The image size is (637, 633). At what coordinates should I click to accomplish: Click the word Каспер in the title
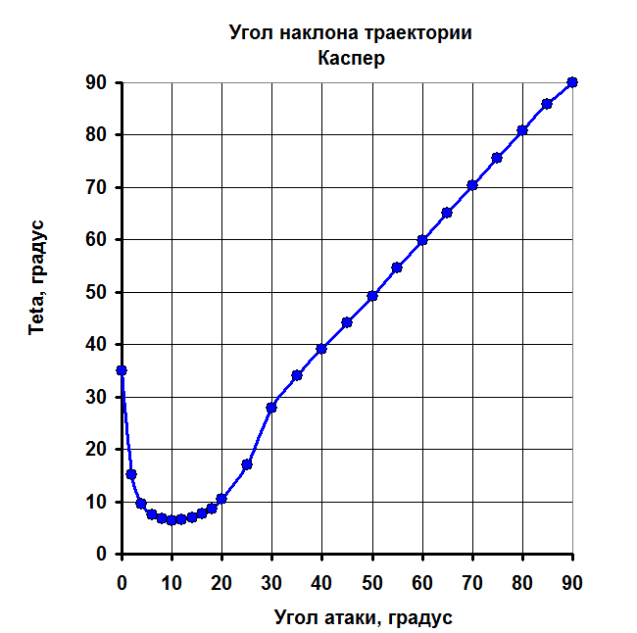[x=351, y=58]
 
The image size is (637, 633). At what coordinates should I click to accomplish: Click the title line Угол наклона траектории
[x=351, y=33]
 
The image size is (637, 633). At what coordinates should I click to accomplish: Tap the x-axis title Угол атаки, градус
[x=363, y=617]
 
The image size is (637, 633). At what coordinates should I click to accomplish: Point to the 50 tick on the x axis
[x=372, y=582]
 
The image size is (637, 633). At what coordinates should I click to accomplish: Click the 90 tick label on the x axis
[x=572, y=582]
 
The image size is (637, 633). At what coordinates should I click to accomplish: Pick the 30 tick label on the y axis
[x=94, y=397]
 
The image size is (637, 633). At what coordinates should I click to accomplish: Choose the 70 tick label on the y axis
[x=94, y=187]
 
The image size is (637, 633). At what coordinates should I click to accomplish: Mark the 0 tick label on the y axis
[x=100, y=555]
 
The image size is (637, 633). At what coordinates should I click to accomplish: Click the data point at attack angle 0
[x=122, y=370]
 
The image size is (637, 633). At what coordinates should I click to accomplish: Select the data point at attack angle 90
[x=572, y=82]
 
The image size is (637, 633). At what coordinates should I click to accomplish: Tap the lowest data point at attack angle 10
[x=171, y=520]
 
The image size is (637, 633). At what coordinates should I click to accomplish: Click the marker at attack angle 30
[x=271, y=407]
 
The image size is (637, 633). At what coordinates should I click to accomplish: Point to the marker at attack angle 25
[x=247, y=464]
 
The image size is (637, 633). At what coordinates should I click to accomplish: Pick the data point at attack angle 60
[x=422, y=240]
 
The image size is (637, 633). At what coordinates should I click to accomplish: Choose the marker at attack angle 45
[x=347, y=322]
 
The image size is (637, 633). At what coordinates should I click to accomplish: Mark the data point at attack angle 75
[x=497, y=158]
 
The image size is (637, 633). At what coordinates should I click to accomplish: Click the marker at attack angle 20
[x=221, y=499]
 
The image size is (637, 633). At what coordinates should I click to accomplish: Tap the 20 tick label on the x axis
[x=221, y=582]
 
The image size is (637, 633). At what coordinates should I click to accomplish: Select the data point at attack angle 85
[x=547, y=104]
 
